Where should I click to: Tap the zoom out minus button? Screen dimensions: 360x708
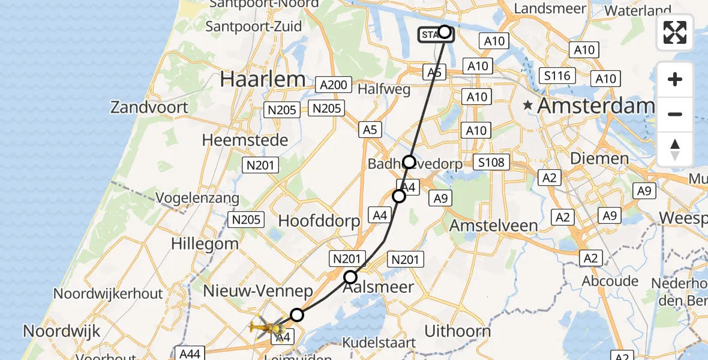pos(675,114)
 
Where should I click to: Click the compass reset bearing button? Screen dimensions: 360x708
pos(675,149)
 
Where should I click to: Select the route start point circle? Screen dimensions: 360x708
pos(445,32)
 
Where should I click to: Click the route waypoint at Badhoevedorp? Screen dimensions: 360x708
pos(409,162)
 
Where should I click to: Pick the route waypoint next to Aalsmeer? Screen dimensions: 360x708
pos(350,277)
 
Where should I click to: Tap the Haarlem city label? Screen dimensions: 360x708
pos(263,79)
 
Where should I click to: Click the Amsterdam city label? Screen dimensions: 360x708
pos(596,106)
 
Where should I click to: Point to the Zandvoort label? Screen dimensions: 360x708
pos(149,107)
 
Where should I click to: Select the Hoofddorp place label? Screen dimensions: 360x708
pos(319,220)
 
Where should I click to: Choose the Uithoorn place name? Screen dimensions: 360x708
pos(457,331)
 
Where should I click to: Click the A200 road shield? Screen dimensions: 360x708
pos(334,85)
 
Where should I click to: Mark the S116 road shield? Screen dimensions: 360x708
pos(557,76)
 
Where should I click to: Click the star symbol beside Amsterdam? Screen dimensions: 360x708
pos(528,106)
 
